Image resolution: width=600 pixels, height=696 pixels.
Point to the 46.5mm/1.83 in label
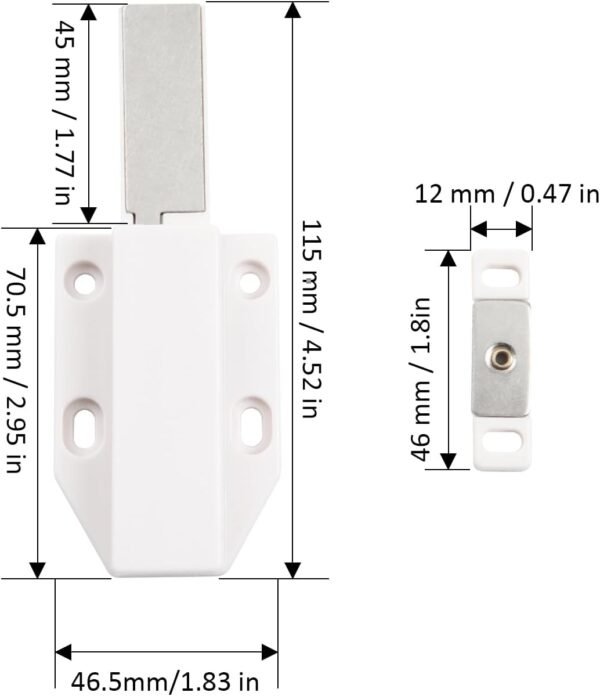pyautogui.click(x=165, y=682)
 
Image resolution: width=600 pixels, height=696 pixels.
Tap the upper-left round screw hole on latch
pyautogui.click(x=87, y=281)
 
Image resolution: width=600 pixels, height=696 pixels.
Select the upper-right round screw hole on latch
pyautogui.click(x=250, y=281)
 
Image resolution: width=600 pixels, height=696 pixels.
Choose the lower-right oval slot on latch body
pyautogui.click(x=254, y=420)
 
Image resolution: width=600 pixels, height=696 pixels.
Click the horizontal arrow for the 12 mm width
pyautogui.click(x=501, y=229)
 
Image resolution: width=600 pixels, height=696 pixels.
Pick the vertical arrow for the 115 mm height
pyautogui.click(x=292, y=290)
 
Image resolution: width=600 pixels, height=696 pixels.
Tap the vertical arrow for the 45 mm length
pyautogui.click(x=88, y=111)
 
